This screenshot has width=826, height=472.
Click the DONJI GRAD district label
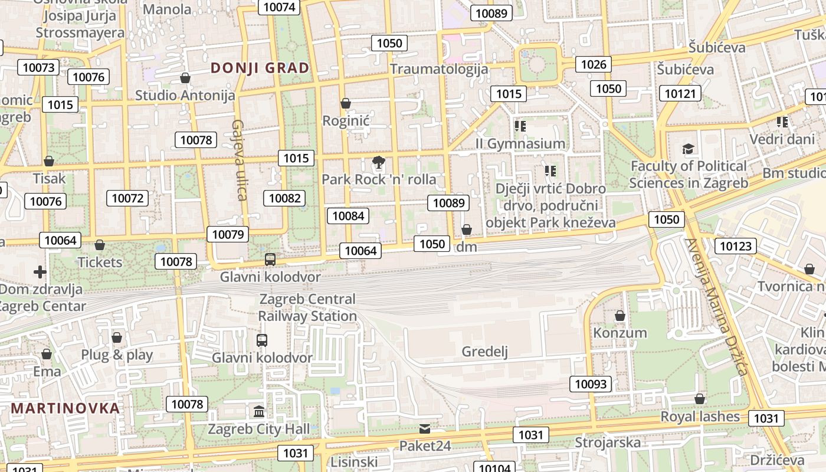pyautogui.click(x=260, y=68)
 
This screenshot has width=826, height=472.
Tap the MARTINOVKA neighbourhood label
pyautogui.click(x=65, y=408)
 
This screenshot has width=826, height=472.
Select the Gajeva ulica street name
pyautogui.click(x=239, y=160)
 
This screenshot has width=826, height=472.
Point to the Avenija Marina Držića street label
pyautogui.click(x=716, y=307)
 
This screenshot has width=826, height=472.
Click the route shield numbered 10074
pyautogui.click(x=279, y=7)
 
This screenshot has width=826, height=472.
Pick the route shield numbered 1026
pyautogui.click(x=594, y=64)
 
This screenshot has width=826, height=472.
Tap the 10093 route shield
pyautogui.click(x=591, y=384)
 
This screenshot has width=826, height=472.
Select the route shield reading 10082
pyautogui.click(x=285, y=198)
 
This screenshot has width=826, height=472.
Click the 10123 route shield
pyautogui.click(x=736, y=245)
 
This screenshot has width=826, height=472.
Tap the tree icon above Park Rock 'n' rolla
pyautogui.click(x=379, y=162)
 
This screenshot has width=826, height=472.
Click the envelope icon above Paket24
pyautogui.click(x=425, y=429)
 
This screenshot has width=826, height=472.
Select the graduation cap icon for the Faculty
pyautogui.click(x=688, y=149)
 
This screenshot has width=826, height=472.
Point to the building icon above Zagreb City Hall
pyautogui.click(x=259, y=411)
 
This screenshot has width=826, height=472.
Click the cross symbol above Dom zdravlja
pyautogui.click(x=40, y=272)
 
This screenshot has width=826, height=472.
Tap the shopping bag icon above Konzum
pyautogui.click(x=620, y=316)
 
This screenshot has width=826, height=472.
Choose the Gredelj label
pyautogui.click(x=484, y=352)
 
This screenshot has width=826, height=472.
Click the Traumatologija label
pyautogui.click(x=439, y=69)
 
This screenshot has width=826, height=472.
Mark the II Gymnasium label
pyautogui.click(x=520, y=143)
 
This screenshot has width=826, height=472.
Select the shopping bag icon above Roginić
pyautogui.click(x=346, y=104)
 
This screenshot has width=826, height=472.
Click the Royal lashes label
pyautogui.click(x=700, y=417)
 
